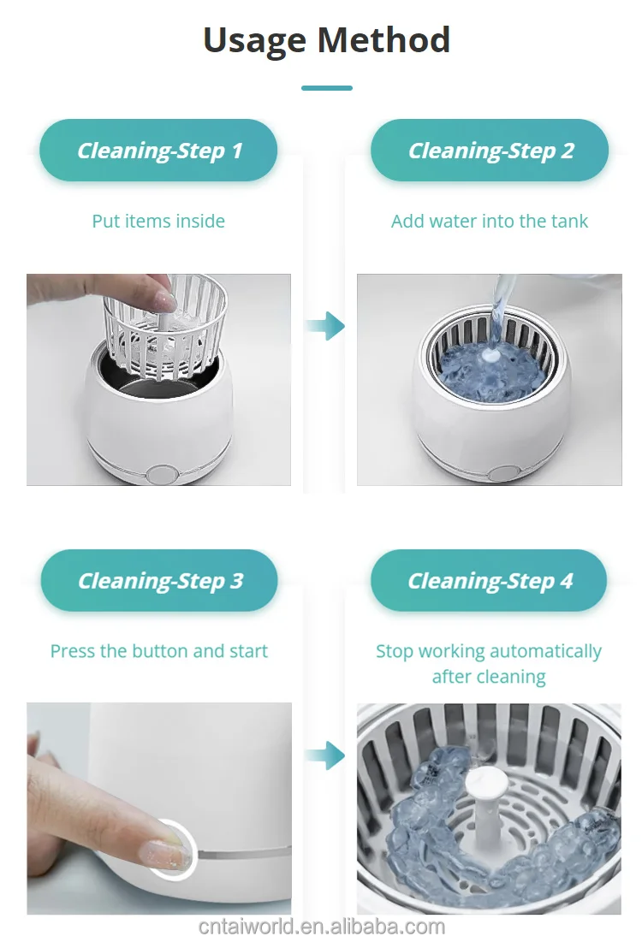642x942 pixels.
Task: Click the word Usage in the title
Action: coord(255,41)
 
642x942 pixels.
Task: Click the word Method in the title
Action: coord(383,39)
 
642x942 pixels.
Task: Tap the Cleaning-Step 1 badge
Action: coord(158,151)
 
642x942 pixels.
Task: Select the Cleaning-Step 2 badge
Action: coord(490,151)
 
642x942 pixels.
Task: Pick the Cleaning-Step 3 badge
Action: coord(159,580)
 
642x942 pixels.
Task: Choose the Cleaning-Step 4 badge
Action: coord(490,580)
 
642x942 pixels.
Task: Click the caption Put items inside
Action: coord(158,221)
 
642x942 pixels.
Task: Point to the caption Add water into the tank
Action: coord(490,221)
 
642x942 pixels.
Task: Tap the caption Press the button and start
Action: coord(158,651)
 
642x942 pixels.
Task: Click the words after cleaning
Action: coord(489,677)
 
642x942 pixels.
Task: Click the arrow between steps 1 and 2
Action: coord(325,326)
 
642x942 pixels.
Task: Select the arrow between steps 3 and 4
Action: coord(325,755)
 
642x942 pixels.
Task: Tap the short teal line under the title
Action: coord(326,88)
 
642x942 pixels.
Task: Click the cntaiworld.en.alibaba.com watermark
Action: coord(322,927)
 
